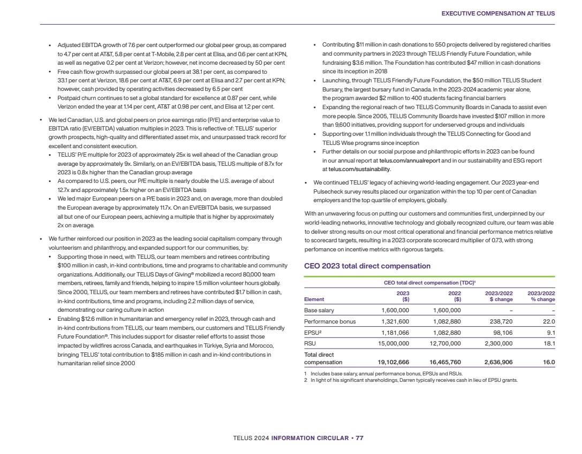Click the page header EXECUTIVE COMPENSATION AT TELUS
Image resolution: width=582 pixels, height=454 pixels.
point(498,13)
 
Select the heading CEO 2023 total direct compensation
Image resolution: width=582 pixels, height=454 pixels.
point(367,266)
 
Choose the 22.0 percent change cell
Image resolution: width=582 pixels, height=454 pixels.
point(549,321)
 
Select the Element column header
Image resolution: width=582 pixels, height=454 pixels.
point(314,299)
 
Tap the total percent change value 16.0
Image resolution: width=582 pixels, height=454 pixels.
point(549,362)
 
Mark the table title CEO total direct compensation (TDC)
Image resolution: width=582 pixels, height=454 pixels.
point(428,282)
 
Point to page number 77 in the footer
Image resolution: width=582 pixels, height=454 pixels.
point(360,438)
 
